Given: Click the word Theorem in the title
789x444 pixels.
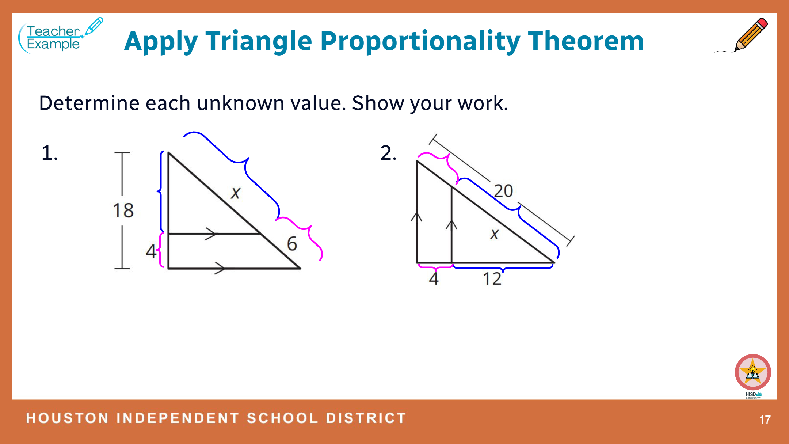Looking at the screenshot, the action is pyautogui.click(x=586, y=41).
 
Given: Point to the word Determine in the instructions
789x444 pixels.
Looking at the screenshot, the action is pyautogui.click(x=89, y=103).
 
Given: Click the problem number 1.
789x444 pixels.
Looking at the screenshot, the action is pyautogui.click(x=50, y=153).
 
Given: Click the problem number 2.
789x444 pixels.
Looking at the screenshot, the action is pyautogui.click(x=388, y=153).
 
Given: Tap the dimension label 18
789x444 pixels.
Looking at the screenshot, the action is pyautogui.click(x=123, y=210).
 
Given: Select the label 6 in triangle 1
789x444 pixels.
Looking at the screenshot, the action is pyautogui.click(x=292, y=244).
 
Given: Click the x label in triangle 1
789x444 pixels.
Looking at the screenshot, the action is pyautogui.click(x=236, y=193).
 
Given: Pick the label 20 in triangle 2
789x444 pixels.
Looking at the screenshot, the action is pyautogui.click(x=503, y=191).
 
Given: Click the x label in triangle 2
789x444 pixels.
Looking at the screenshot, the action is pyautogui.click(x=495, y=234).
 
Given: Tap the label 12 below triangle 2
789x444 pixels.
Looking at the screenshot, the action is pyautogui.click(x=492, y=279).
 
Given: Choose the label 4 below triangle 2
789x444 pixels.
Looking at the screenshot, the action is pyautogui.click(x=434, y=278).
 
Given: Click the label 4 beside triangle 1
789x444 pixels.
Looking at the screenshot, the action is pyautogui.click(x=151, y=251).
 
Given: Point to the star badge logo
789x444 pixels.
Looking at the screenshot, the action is pyautogui.click(x=753, y=372).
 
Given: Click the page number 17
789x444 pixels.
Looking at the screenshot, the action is pyautogui.click(x=765, y=420).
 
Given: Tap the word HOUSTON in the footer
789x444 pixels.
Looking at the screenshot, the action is pyautogui.click(x=68, y=418).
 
